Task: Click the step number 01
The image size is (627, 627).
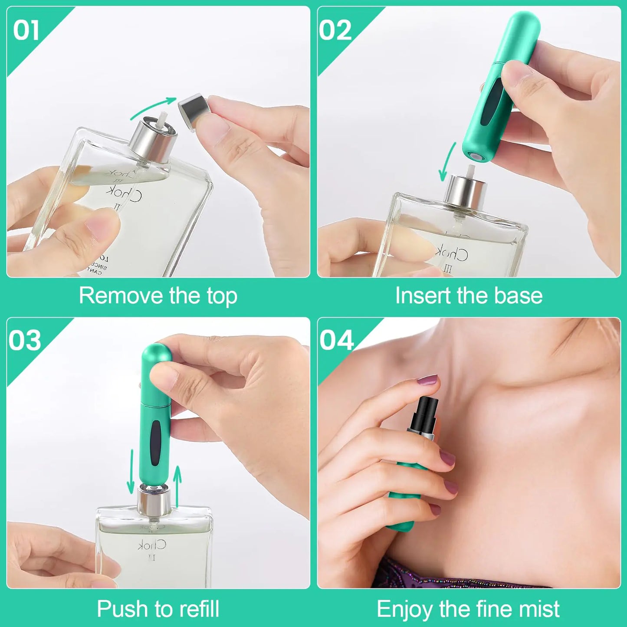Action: pos(26,31)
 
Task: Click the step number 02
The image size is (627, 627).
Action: pos(335,31)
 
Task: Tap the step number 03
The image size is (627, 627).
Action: pos(25,341)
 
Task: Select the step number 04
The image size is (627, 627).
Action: pos(337,341)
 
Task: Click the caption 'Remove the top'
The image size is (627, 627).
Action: pos(158,296)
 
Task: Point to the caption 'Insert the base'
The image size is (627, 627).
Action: pos(469,296)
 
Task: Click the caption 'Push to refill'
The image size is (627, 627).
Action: pos(158,608)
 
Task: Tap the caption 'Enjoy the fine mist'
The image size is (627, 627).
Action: pos(468,609)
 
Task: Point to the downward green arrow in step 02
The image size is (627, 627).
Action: pos(447,163)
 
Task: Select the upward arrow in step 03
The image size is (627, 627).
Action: pos(177,480)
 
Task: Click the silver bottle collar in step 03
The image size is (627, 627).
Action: pos(154,501)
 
